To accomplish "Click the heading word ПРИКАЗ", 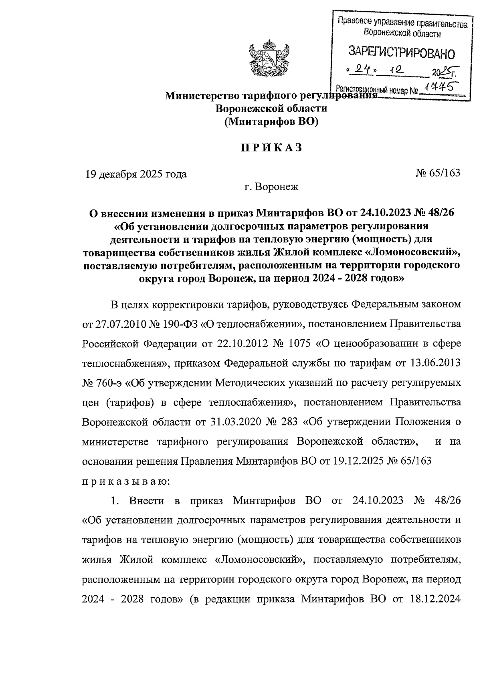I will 271,147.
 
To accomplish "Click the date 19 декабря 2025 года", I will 135,174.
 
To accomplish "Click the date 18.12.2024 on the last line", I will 436,599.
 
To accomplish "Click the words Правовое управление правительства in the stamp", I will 402,24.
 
